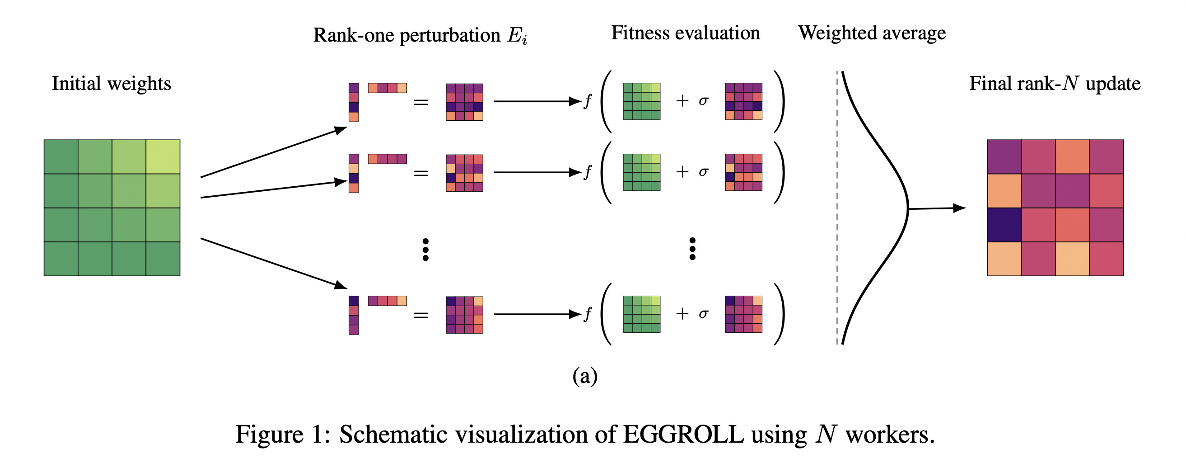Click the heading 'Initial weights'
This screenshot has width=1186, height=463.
[x=112, y=84]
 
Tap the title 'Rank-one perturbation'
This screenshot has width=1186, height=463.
[x=406, y=35]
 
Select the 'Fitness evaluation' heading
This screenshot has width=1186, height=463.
[x=685, y=33]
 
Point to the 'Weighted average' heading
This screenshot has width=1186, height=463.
[x=872, y=33]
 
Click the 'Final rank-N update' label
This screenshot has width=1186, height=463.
[x=1055, y=84]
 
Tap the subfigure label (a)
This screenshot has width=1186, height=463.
[x=585, y=376]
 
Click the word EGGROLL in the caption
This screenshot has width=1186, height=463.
[x=683, y=435]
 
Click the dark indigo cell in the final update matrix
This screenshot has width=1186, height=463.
[x=1004, y=225]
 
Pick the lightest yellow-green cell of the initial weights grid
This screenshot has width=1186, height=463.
[x=163, y=156]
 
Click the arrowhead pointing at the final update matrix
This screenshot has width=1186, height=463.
[x=959, y=208]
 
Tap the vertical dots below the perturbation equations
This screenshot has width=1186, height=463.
[x=425, y=250]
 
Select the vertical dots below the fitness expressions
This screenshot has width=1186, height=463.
[x=692, y=249]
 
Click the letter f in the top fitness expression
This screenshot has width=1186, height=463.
[x=588, y=101]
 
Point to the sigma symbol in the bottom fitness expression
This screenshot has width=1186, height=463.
[x=703, y=314]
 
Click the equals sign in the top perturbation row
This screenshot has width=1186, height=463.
[x=420, y=102]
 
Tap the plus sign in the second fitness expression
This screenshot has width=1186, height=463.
[x=682, y=172]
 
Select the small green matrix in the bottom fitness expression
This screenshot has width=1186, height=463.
[x=641, y=314]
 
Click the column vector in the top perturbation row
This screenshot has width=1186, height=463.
[x=354, y=102]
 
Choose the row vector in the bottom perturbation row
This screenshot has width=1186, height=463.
[x=387, y=301]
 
